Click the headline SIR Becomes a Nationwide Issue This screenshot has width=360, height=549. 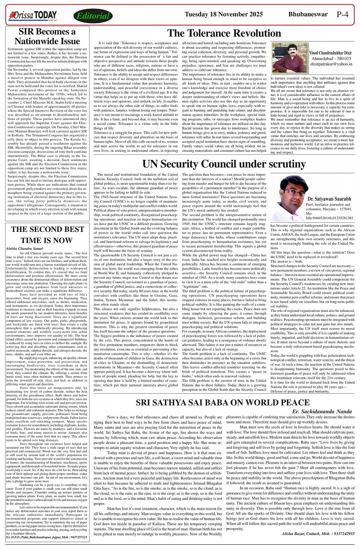pyautogui.click(x=47, y=37)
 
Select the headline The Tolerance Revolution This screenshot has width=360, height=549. pyautogui.click(x=224, y=33)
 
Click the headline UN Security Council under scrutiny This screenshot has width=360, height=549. pyautogui.click(x=224, y=164)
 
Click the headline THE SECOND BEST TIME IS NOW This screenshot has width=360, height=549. pyautogui.click(x=47, y=235)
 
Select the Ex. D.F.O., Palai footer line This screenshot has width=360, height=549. pyautogui.click(x=46, y=537)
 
